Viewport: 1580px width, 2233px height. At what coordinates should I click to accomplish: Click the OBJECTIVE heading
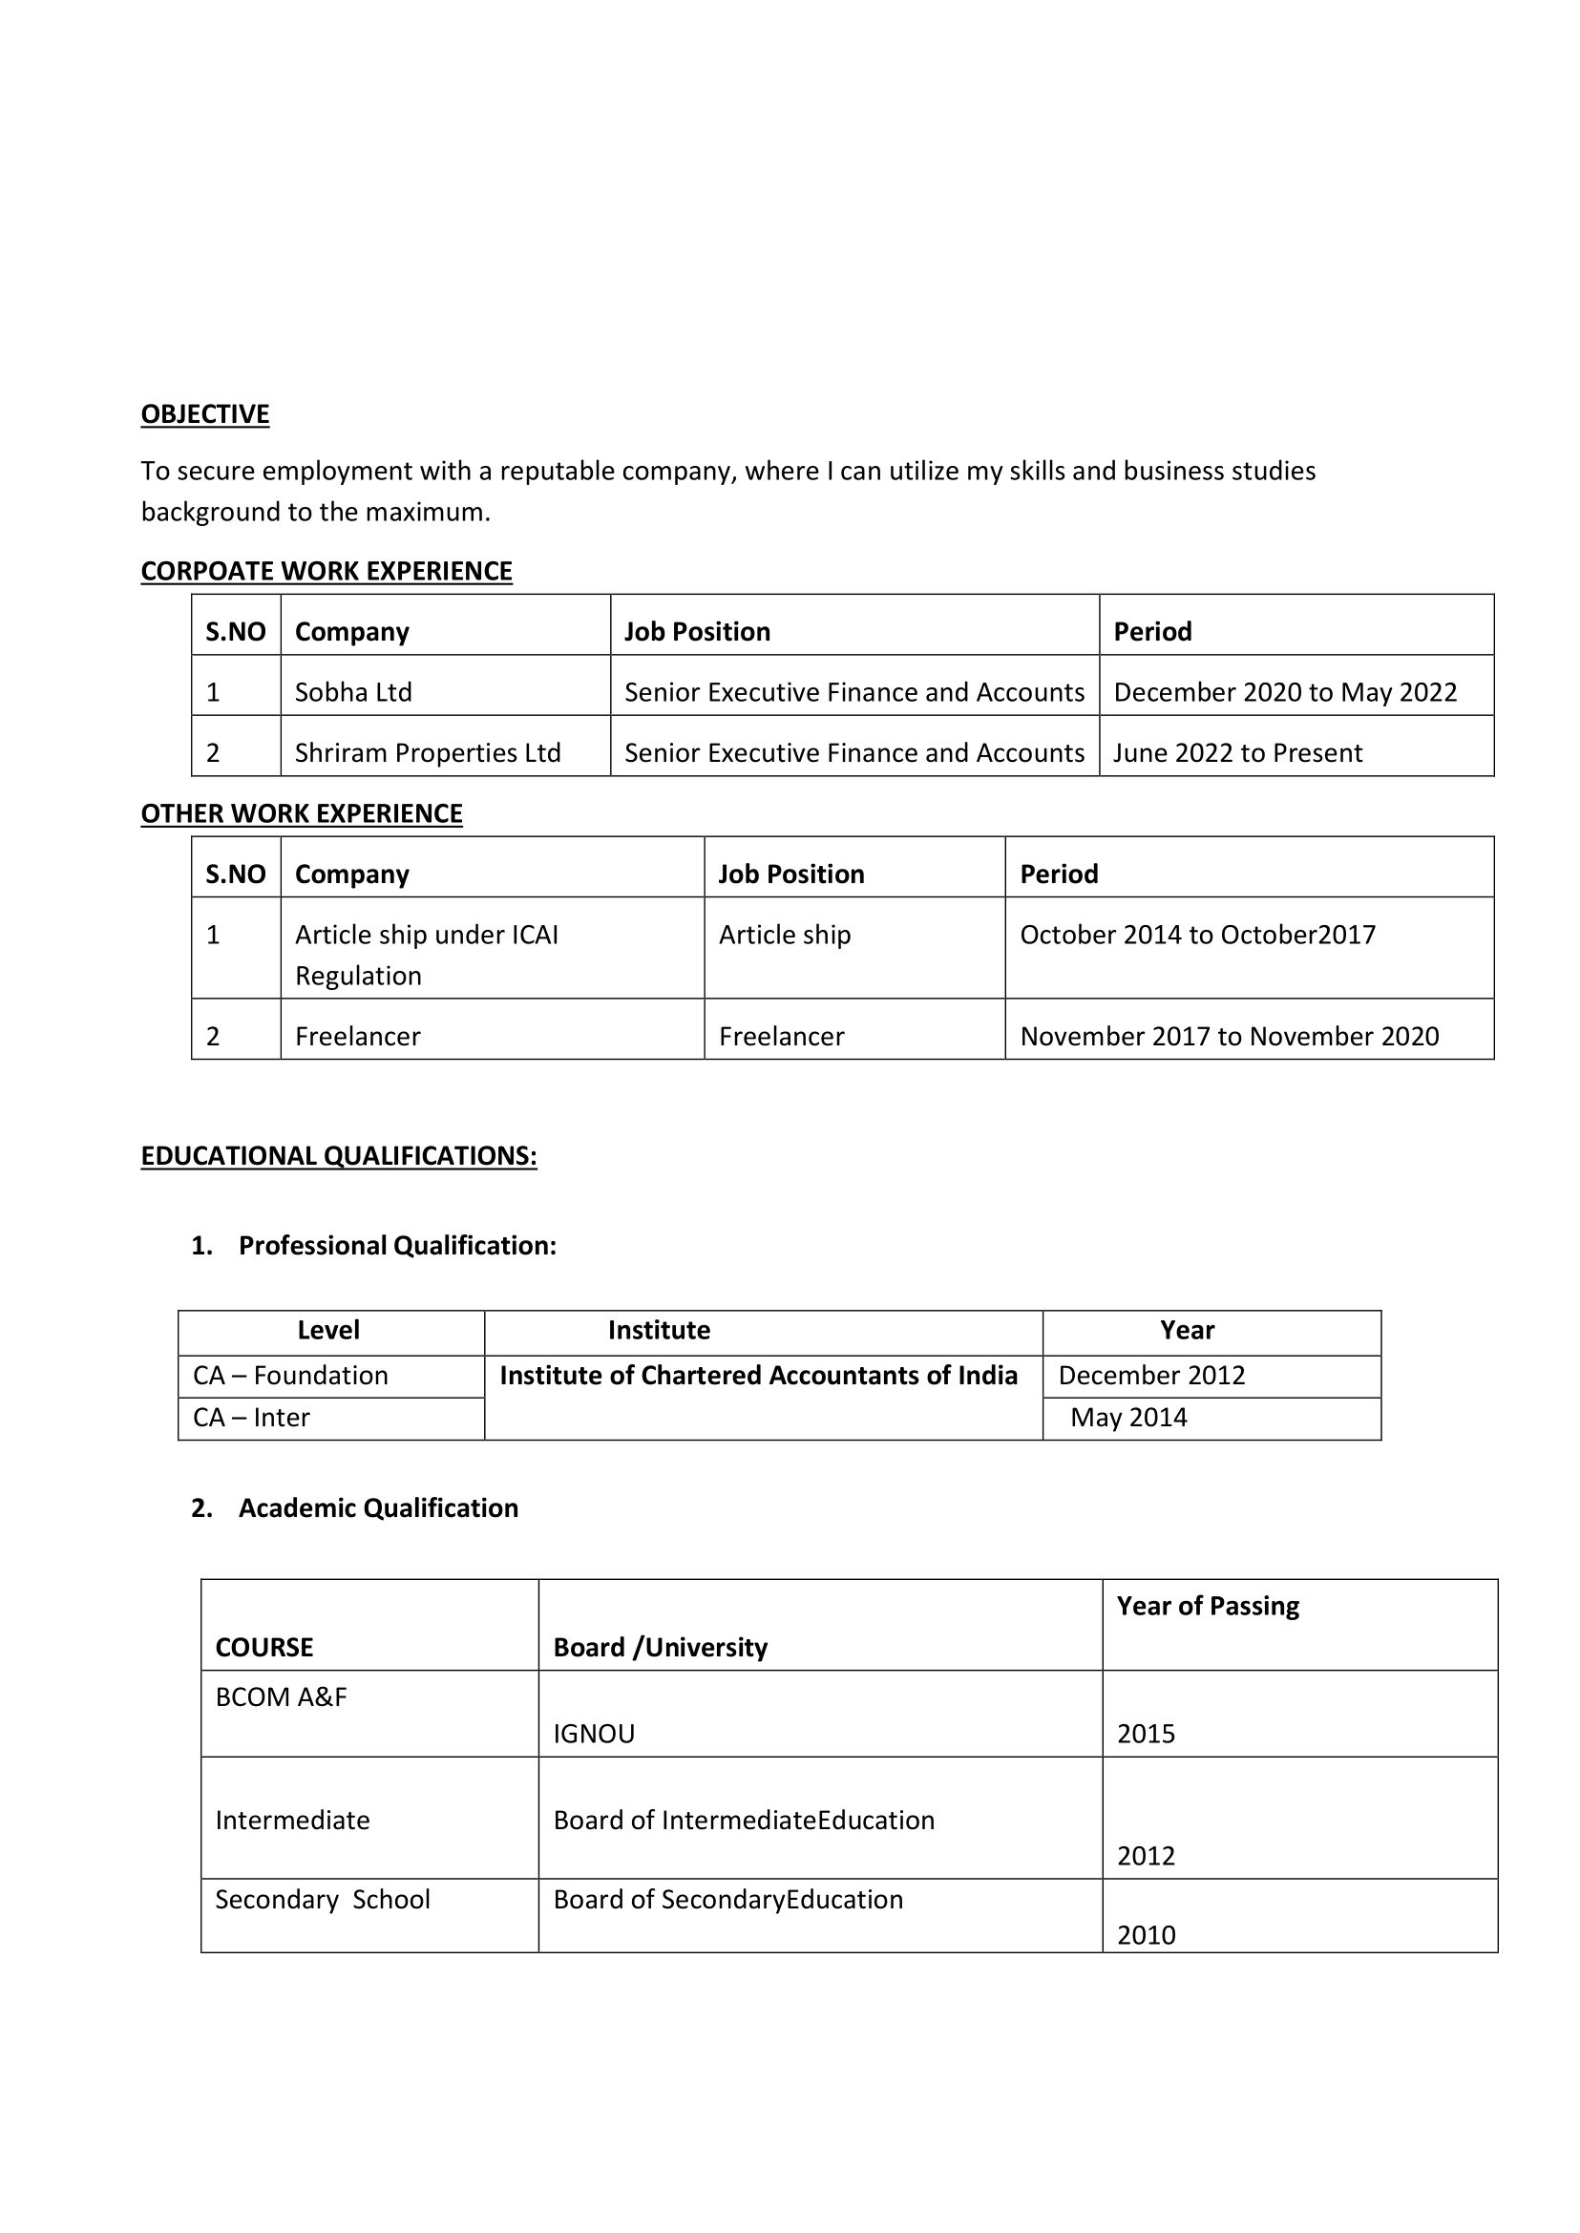pos(204,414)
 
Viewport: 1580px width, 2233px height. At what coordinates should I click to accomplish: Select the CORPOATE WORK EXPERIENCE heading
pos(326,571)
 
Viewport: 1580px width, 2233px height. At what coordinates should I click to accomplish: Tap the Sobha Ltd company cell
pos(353,692)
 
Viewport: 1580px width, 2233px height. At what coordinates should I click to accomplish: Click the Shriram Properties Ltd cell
pos(427,753)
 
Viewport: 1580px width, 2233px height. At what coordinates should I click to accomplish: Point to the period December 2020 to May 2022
pos(1284,692)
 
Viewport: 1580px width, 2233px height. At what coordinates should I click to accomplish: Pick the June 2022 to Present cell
pos(1237,753)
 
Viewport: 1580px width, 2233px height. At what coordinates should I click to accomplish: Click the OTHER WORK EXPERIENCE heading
pos(302,813)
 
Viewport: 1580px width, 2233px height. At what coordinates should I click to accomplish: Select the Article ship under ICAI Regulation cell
pos(426,955)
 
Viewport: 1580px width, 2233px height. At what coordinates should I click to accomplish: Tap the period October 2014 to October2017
pos(1196,935)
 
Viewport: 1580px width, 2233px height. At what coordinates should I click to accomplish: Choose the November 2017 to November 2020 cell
pos(1229,1036)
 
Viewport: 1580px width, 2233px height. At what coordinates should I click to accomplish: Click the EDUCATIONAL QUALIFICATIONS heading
pos(339,1156)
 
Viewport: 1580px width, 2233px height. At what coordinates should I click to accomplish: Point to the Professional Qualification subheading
pos(397,1246)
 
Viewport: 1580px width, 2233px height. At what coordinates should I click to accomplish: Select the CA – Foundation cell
pos(290,1375)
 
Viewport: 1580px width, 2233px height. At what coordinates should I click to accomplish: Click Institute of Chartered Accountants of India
pos(758,1375)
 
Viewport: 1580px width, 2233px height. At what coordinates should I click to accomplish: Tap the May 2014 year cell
pos(1128,1418)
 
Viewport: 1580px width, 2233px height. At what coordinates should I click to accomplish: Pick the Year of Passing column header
pos(1208,1606)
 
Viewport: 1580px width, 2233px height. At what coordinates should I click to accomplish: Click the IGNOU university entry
pos(594,1734)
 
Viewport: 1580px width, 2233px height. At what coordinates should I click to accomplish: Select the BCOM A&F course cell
pos(282,1696)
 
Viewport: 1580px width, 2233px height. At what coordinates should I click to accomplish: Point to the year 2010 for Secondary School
pos(1146,1934)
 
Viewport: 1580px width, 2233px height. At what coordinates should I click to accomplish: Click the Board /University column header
pos(660,1647)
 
